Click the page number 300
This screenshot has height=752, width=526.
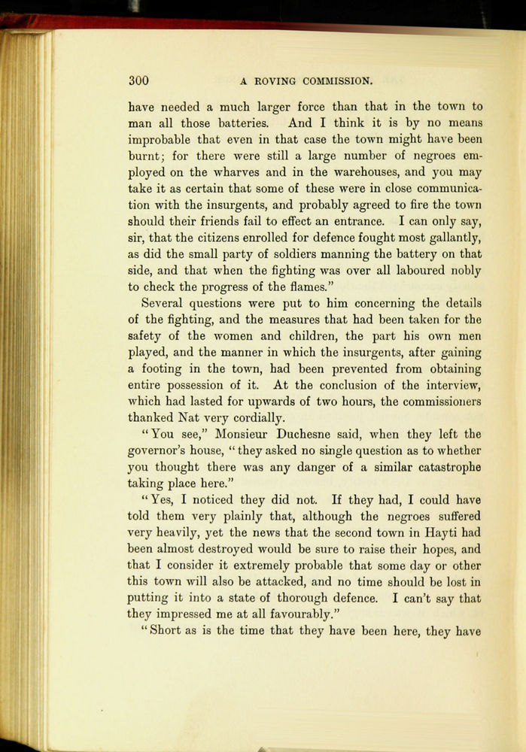(138, 80)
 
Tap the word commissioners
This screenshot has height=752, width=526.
(442, 402)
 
